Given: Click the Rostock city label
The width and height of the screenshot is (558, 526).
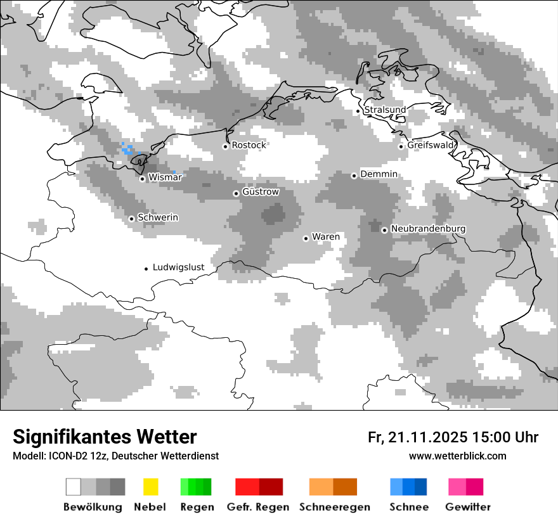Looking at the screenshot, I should coord(249,145).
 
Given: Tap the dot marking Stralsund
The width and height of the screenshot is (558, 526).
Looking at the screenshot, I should coord(358,111).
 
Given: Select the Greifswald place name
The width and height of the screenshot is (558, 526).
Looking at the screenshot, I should coord(431,145).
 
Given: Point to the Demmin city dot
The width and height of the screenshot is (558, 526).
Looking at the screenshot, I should coord(354,176).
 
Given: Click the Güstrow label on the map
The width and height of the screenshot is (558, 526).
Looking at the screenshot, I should coord(261,191).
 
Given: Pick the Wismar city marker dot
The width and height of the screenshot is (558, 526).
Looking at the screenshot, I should coord(142,179).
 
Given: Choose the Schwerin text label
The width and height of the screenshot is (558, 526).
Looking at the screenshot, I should coord(158,217).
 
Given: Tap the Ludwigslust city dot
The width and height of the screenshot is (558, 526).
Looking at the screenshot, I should coord(146,269).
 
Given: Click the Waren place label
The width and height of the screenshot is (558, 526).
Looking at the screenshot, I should coord(326,237).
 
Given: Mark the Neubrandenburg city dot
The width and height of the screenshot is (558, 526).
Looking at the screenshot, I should coord(384,230).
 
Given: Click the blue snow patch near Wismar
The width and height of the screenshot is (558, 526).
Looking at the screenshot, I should coord(127,149).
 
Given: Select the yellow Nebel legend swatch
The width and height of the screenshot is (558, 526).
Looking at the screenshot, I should coord(150,487).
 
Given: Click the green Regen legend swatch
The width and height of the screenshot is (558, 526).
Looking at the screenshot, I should coord(196,487).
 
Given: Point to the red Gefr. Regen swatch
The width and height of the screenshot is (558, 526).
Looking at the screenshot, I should coord(259,487).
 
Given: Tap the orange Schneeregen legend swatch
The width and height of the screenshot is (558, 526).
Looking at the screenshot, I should coord(333,487).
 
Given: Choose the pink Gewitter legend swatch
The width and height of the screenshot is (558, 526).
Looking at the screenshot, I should coord(465,487).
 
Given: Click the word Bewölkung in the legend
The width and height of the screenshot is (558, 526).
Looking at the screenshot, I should coord(93,507).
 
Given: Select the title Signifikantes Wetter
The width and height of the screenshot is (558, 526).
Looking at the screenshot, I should coord(105,437).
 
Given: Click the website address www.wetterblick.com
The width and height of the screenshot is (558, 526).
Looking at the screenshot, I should coord(457,456).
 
